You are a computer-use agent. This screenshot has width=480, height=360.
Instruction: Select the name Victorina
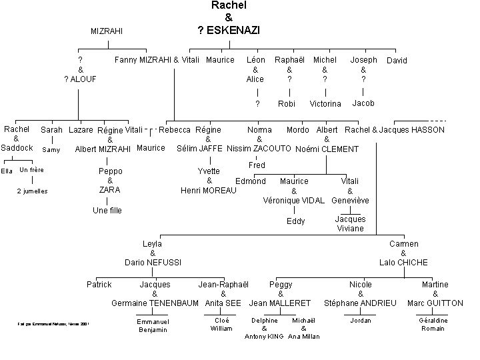325,104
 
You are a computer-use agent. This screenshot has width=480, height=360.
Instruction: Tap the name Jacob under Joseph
363,103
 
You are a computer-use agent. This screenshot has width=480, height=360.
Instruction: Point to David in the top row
397,61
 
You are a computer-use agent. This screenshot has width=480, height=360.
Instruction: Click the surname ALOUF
84,79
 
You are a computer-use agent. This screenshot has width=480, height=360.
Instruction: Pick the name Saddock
17,148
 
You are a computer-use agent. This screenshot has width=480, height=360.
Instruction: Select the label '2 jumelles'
32,192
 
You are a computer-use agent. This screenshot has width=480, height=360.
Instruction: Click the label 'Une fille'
107,211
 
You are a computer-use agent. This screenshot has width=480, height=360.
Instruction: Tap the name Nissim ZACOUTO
259,149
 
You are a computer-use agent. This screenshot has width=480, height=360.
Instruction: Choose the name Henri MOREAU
209,191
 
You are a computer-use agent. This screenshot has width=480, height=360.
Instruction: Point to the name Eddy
296,221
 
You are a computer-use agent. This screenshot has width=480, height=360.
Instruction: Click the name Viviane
350,229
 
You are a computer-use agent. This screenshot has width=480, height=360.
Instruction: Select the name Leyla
152,244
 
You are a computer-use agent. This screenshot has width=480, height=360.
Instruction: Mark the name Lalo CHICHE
404,263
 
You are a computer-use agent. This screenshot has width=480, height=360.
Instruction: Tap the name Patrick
99,285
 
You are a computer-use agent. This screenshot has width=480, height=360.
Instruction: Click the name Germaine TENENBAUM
155,303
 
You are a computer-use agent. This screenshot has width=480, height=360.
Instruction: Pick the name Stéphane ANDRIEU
361,303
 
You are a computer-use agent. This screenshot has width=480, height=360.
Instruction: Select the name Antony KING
264,337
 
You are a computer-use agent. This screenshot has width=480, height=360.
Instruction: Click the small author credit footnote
53,325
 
